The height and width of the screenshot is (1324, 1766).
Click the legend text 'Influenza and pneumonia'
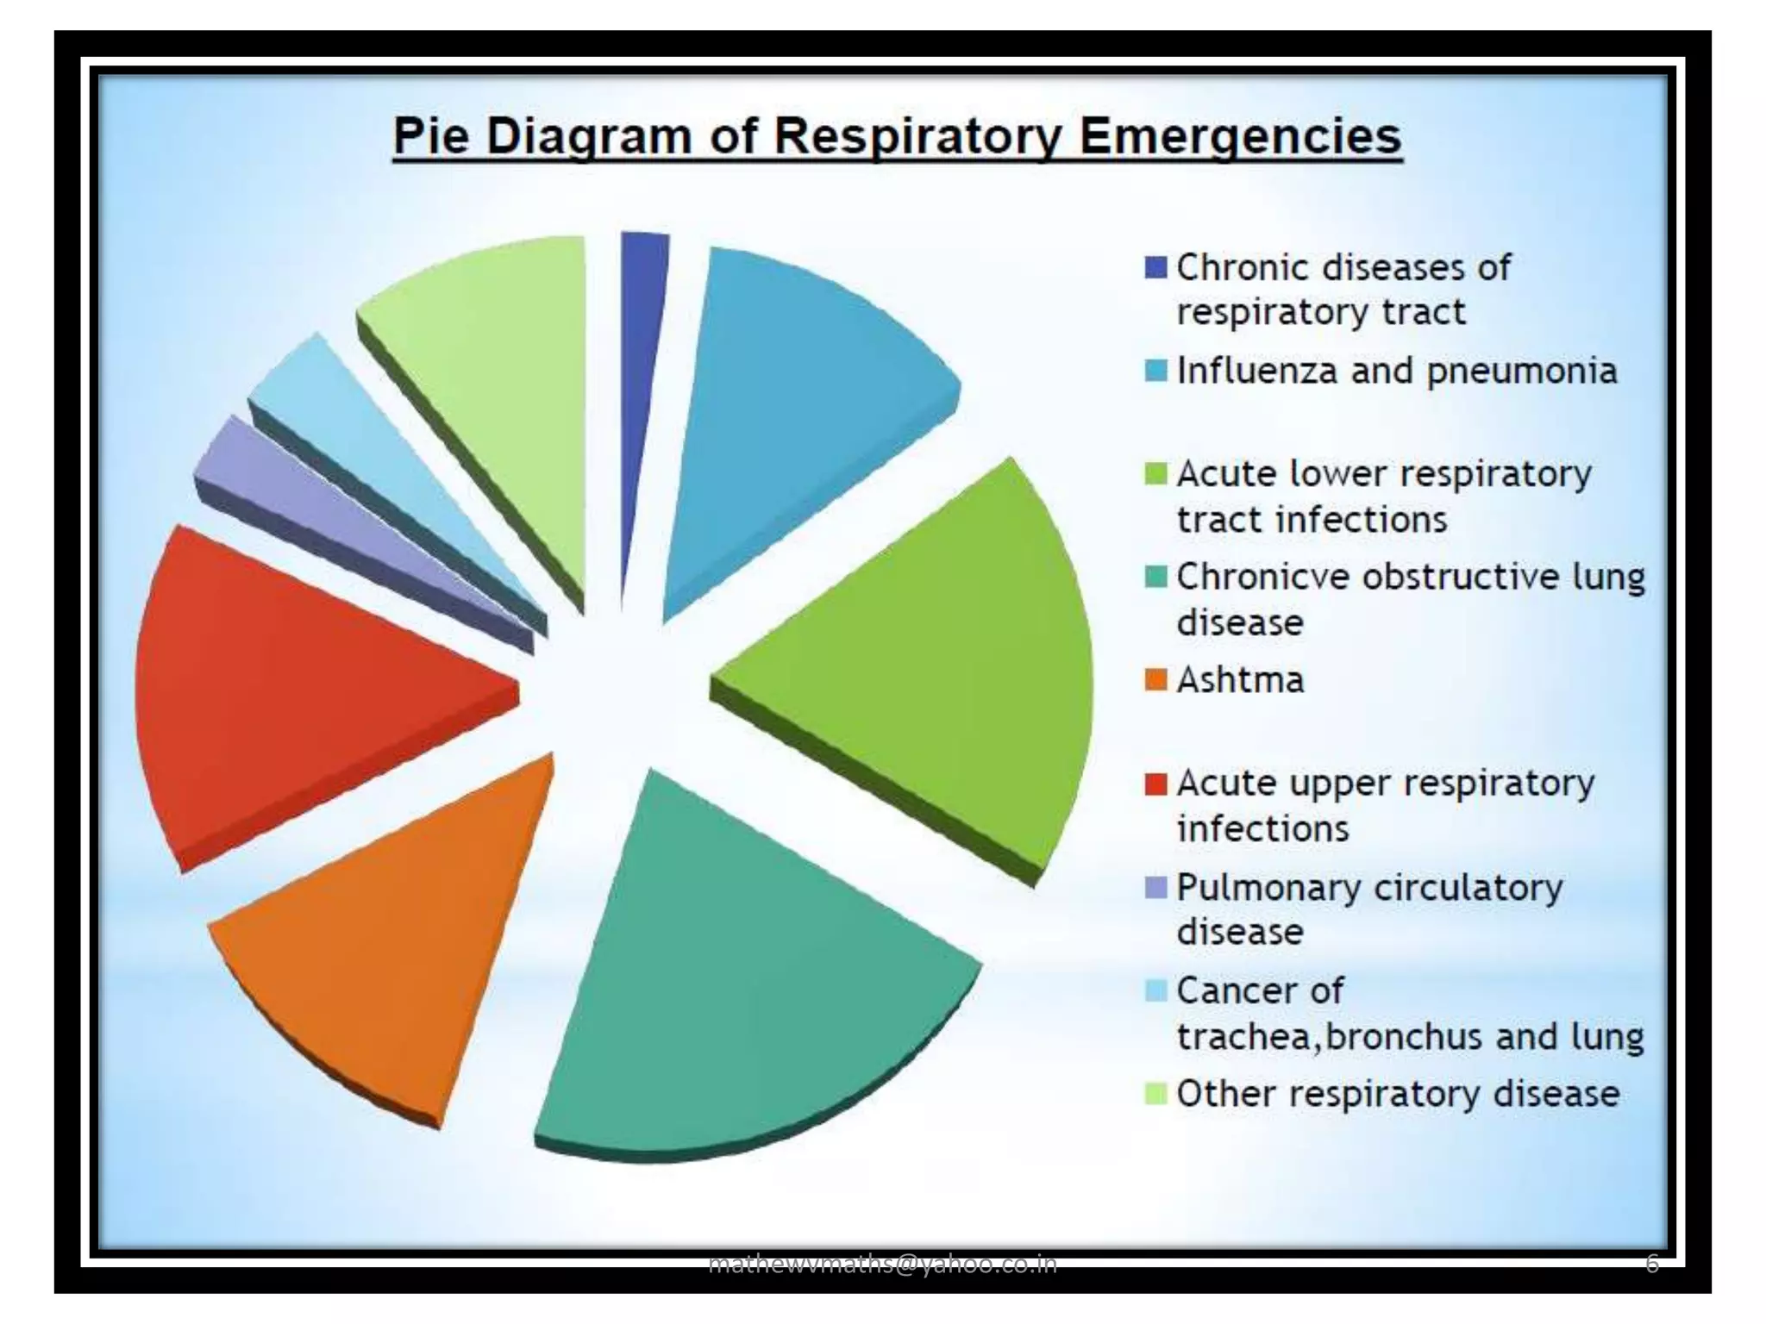(1397, 372)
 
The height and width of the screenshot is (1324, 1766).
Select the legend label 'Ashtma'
(1240, 680)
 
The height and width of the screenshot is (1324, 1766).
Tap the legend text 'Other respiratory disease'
(1398, 1094)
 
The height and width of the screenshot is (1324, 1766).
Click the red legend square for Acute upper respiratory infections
(1155, 784)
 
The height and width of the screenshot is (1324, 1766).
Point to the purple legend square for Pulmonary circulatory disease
(1155, 887)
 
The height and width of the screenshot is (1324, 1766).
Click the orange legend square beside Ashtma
(1155, 680)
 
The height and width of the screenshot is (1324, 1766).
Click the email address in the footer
(882, 1264)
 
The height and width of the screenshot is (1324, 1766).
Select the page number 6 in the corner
(1651, 1264)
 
